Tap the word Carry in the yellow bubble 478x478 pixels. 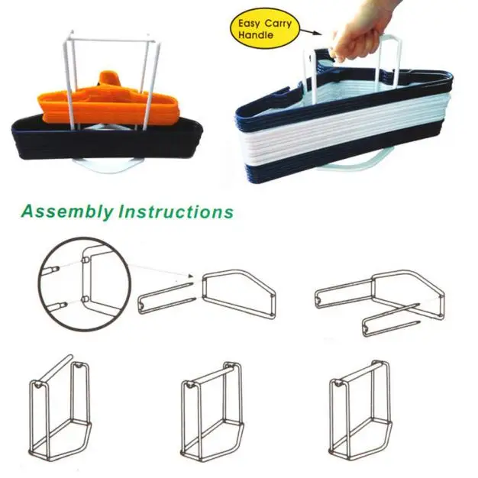tap(278, 24)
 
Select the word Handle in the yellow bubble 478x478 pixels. tap(256, 35)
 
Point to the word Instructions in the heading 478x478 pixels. tap(176, 212)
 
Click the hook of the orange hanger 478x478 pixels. tap(109, 79)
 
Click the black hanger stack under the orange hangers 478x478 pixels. tap(107, 140)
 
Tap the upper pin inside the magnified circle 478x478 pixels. tap(51, 270)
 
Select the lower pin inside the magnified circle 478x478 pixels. tap(57, 305)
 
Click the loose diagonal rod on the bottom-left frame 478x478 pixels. tap(56, 368)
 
